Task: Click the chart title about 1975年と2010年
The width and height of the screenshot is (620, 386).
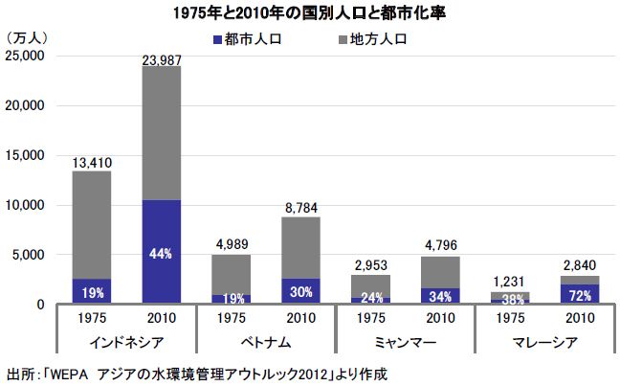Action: click(310, 12)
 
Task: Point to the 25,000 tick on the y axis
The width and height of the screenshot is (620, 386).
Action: click(26, 56)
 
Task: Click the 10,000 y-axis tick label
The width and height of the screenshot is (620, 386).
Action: click(26, 205)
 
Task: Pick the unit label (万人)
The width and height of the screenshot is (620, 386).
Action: click(28, 36)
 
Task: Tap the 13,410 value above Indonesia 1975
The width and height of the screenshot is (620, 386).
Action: click(92, 163)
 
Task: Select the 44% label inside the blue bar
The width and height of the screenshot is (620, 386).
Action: click(162, 253)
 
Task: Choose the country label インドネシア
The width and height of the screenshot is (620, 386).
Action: click(126, 343)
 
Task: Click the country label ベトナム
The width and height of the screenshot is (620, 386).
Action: click(265, 343)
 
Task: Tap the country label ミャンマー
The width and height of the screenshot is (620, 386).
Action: click(404, 343)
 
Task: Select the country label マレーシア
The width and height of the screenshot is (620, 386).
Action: click(542, 343)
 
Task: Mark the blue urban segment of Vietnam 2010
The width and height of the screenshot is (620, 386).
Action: click(300, 291)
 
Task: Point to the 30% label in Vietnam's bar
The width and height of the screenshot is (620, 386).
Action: click(300, 293)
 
